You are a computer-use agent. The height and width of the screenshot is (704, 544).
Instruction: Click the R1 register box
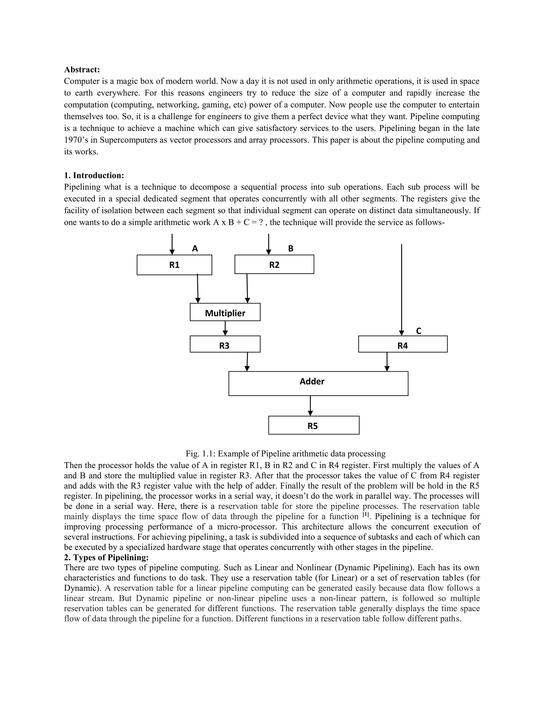(x=174, y=265)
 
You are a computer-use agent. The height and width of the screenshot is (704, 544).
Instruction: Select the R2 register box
(x=274, y=265)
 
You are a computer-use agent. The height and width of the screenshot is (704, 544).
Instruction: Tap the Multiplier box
(x=225, y=312)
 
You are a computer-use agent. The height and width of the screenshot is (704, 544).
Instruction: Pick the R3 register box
(x=225, y=344)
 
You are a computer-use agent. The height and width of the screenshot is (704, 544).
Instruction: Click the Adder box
(x=318, y=384)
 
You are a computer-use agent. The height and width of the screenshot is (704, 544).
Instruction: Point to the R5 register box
(x=314, y=425)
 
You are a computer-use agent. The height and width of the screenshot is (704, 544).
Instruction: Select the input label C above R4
(x=419, y=331)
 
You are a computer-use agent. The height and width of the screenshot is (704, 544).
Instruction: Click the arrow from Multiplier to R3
(x=225, y=328)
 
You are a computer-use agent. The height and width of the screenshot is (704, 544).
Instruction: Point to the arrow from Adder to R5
(x=310, y=406)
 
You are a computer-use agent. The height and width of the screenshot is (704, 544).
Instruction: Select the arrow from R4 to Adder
(x=387, y=362)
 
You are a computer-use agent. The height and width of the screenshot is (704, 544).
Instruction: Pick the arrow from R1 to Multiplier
(x=198, y=289)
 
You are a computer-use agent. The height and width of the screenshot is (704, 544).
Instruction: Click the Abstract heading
(x=82, y=70)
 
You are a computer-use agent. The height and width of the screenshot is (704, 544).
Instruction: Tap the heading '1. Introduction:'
(x=94, y=175)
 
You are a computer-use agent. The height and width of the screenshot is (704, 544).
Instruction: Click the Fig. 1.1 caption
(x=286, y=453)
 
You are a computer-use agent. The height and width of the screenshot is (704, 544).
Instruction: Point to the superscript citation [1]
(x=365, y=515)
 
